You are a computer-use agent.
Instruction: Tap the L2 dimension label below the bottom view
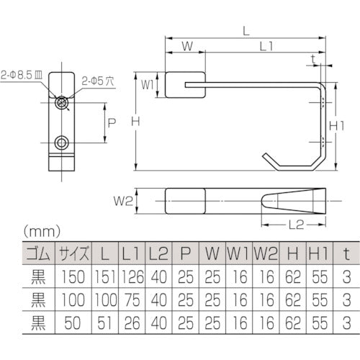coord(293,225)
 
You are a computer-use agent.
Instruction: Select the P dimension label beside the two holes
coord(111,122)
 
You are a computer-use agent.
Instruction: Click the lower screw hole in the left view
coord(63,141)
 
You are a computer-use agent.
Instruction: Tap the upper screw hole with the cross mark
coord(63,103)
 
